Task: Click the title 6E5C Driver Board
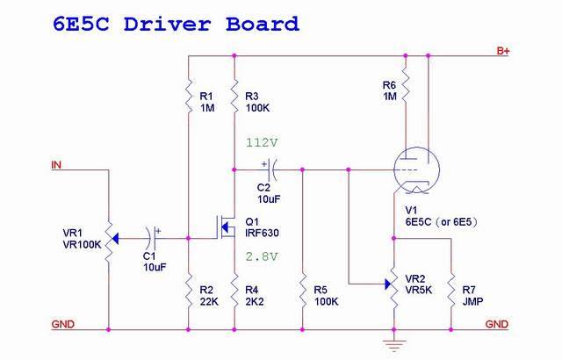point(176,24)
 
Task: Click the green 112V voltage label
point(262,142)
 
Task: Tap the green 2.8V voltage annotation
point(262,256)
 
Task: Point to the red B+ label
point(503,52)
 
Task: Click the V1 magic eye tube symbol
point(412,169)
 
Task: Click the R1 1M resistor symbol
point(189,94)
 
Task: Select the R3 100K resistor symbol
point(234,94)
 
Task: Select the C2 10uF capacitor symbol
point(272,166)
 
